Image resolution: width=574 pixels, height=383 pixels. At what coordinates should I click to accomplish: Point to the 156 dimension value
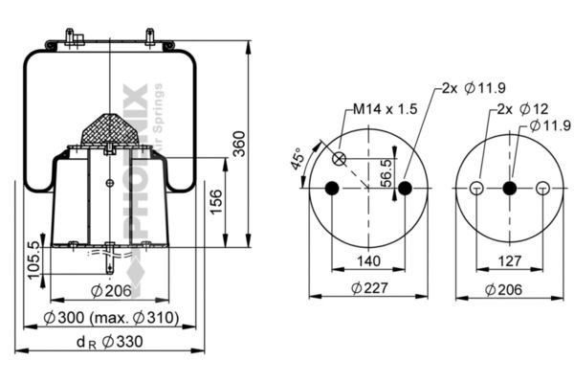pyautogui.click(x=216, y=201)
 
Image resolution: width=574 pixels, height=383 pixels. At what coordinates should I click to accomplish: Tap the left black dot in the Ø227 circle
pyautogui.click(x=333, y=188)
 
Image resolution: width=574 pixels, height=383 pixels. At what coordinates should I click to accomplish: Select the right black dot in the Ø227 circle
pyautogui.click(x=405, y=188)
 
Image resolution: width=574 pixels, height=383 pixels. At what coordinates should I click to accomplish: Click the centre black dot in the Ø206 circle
pyautogui.click(x=509, y=188)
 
